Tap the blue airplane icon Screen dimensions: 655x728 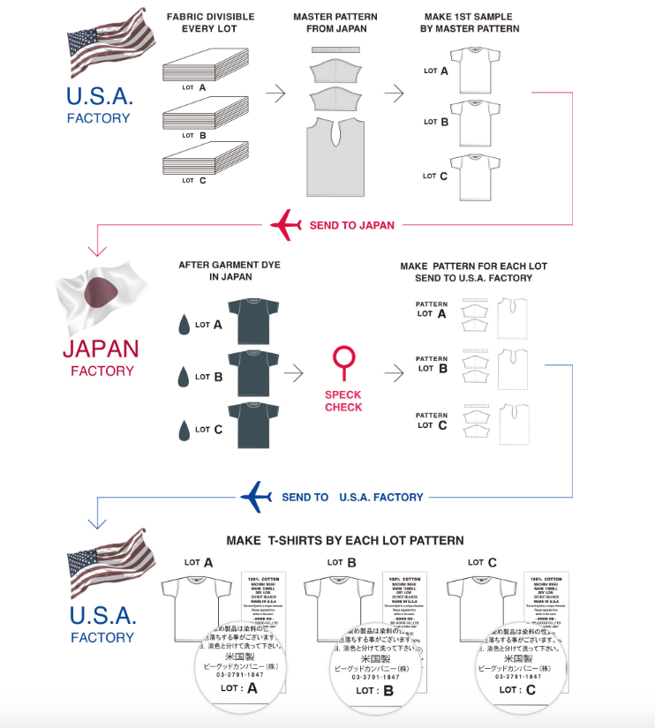coord(257,496)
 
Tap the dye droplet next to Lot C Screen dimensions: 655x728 coord(184,430)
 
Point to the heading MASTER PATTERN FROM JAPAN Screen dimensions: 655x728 coord(336,23)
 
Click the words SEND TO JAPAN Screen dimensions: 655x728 coord(351,225)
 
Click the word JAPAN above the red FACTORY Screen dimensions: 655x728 coord(101,348)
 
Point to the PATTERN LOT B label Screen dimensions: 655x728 coord(432,364)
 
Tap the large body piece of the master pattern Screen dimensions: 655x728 coord(336,160)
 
